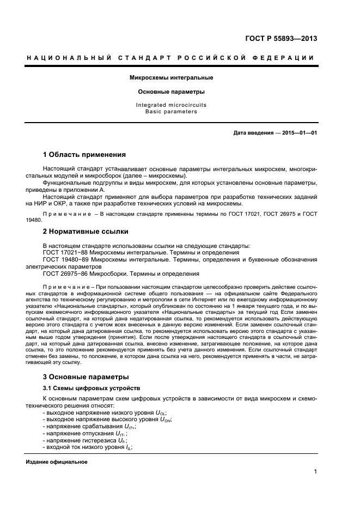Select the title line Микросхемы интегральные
pos(171,78)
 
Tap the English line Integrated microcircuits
pos(171,105)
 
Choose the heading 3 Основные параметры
pos(86,377)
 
